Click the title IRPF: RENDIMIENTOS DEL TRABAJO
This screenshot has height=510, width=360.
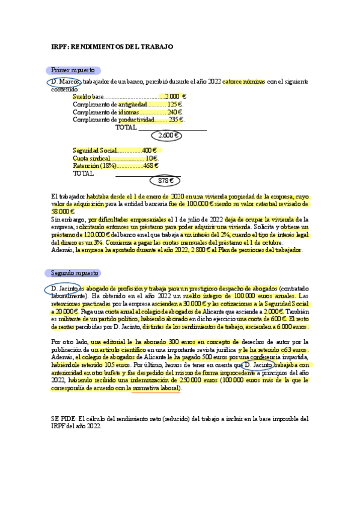click(112, 46)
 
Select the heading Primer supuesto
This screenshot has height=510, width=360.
click(73, 70)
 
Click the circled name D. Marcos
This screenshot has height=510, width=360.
click(63, 82)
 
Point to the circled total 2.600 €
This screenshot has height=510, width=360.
click(167, 135)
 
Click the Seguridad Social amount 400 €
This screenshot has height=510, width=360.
click(150, 150)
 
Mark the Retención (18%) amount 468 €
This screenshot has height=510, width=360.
click(151, 165)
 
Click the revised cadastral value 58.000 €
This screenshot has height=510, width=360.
click(63, 212)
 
